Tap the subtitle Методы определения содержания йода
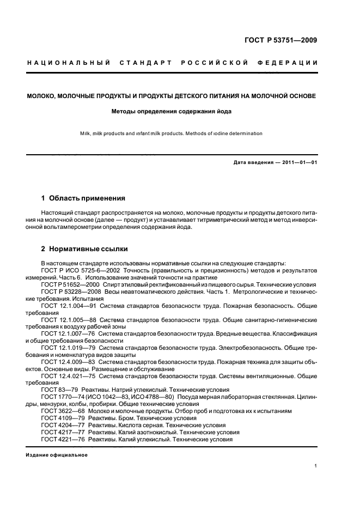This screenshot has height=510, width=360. pos(172,112)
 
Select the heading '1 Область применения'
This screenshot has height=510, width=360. pos(83,198)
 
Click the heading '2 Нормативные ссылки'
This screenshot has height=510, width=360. pos(84,249)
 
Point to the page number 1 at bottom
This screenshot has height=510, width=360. pos(316,466)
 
